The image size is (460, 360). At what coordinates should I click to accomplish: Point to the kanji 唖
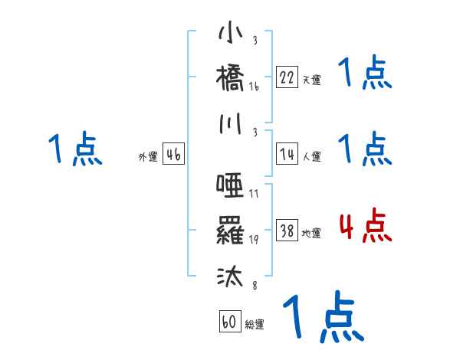click(x=230, y=185)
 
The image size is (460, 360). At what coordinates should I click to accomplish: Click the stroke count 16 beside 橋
click(x=254, y=87)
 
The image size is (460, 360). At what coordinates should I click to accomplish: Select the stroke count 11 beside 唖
click(x=254, y=194)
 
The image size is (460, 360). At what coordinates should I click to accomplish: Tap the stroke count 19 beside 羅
click(x=254, y=238)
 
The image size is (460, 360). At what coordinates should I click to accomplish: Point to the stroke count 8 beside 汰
click(x=254, y=286)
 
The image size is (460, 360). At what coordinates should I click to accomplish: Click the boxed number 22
click(x=287, y=76)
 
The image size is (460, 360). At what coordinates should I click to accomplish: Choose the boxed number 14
click(x=287, y=154)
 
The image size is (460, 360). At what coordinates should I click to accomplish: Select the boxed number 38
click(x=287, y=230)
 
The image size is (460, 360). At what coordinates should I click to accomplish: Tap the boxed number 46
click(x=173, y=154)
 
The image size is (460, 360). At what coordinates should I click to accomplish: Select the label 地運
click(x=311, y=234)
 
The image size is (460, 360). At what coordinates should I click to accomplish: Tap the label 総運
click(x=255, y=325)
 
